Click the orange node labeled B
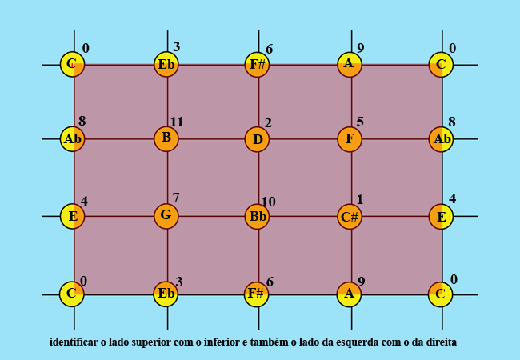(x=166, y=138)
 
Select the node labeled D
(x=257, y=139)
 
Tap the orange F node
(x=350, y=139)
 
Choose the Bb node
(x=258, y=217)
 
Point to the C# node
(x=350, y=216)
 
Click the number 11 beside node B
(x=177, y=122)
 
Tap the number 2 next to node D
(x=268, y=122)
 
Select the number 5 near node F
(x=360, y=122)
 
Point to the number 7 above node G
(x=176, y=198)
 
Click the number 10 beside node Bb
(x=268, y=202)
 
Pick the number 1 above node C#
(x=360, y=199)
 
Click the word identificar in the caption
(x=74, y=342)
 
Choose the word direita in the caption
(x=441, y=342)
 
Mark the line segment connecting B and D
(x=212, y=139)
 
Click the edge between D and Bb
(x=258, y=178)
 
